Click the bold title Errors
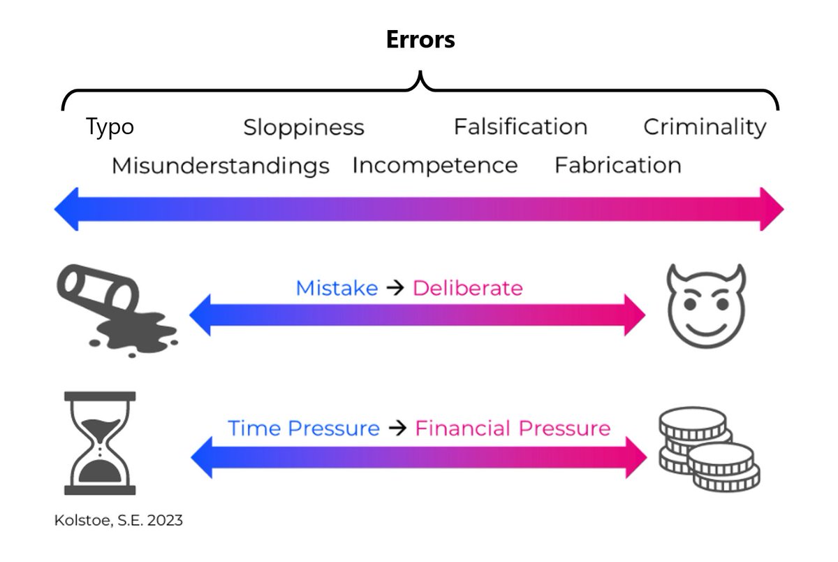coord(420,39)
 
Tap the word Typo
coord(110,127)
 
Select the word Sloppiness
coord(304,128)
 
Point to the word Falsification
coord(520,127)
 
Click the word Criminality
coord(705,127)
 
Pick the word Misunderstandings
coord(221,166)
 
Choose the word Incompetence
coord(434,166)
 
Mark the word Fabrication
coord(618,166)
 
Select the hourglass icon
coord(100,442)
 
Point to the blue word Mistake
coord(337,288)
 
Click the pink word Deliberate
coord(467,288)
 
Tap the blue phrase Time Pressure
coord(304,428)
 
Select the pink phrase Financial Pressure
coord(513,428)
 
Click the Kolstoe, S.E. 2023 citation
coord(119,521)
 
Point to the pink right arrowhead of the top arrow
coord(772,209)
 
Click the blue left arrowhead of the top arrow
coord(66,209)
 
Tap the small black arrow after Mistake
coord(395,288)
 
